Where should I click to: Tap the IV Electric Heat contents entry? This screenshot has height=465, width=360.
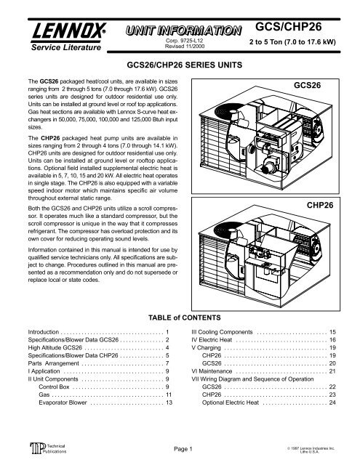pos(218,342)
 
